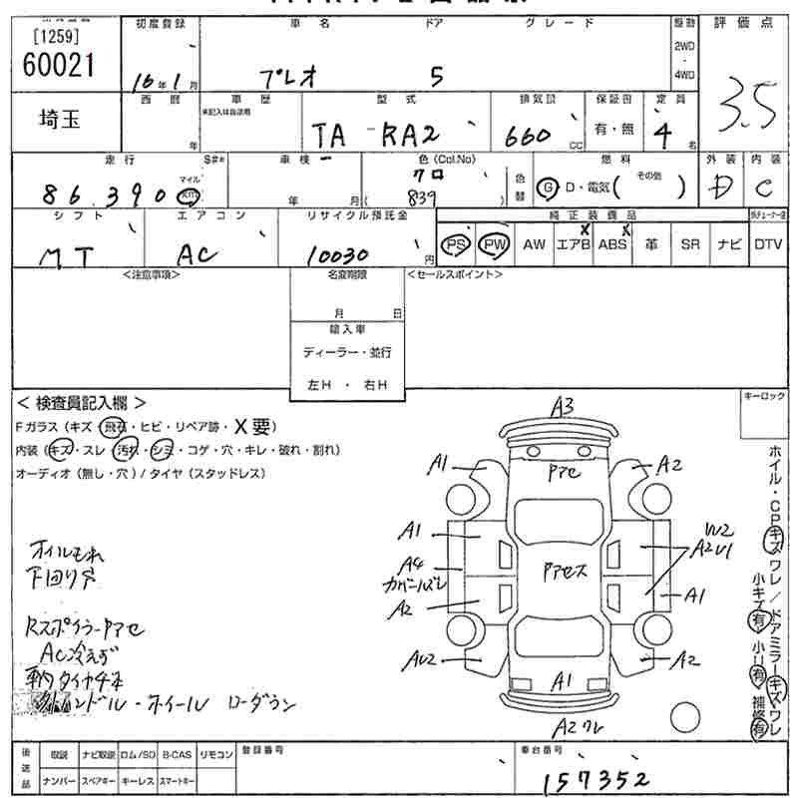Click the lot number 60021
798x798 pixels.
click(x=57, y=65)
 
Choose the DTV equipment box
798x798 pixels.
click(x=768, y=244)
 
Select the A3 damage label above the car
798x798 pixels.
click(x=563, y=406)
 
